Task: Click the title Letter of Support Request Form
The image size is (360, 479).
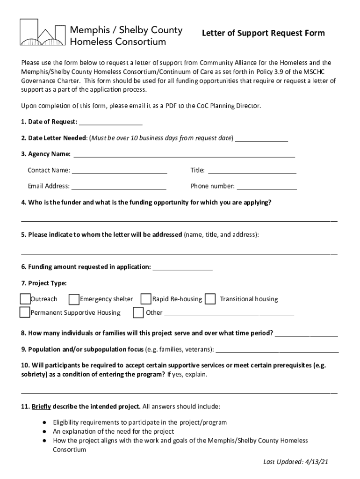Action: [263, 33]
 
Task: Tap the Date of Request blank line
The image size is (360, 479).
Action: [111, 123]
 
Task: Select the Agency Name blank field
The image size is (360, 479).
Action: [184, 155]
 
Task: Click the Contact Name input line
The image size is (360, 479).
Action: [120, 171]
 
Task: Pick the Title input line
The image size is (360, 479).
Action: [252, 171]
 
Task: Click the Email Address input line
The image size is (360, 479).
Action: [119, 187]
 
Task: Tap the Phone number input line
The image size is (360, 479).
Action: [266, 187]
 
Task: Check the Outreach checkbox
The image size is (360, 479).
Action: [25, 299]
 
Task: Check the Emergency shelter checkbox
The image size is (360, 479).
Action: [73, 299]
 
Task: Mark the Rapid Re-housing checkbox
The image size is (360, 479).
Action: [146, 299]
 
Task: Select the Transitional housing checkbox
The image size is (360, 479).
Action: [211, 299]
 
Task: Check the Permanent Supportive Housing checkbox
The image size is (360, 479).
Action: [25, 312]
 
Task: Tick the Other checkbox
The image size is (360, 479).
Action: [138, 312]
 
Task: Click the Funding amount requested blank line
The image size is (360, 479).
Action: [183, 268]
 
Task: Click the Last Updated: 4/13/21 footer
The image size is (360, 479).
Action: [295, 462]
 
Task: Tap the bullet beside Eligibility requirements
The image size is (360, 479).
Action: [44, 422]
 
